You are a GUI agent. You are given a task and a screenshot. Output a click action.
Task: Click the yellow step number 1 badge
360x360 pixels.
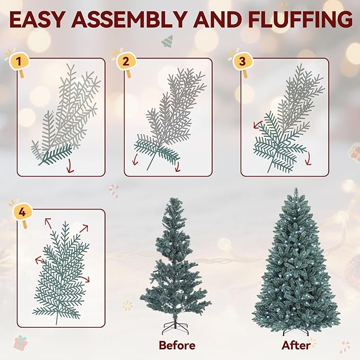(19, 62)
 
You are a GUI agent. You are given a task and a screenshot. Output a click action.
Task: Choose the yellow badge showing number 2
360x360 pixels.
(126, 62)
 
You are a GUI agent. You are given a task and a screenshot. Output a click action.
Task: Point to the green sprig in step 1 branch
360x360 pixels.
(56, 154)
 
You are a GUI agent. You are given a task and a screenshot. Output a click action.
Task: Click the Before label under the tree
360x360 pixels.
(177, 345)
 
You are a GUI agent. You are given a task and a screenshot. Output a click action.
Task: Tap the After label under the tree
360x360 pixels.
(296, 345)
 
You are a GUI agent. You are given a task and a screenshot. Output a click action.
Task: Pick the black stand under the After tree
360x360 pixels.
(296, 331)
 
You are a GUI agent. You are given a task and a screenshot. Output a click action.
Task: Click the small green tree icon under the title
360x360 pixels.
(168, 40)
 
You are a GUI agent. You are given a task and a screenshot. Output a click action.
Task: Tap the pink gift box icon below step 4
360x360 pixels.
(21, 342)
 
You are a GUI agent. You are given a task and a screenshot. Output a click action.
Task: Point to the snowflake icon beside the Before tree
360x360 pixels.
(127, 306)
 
